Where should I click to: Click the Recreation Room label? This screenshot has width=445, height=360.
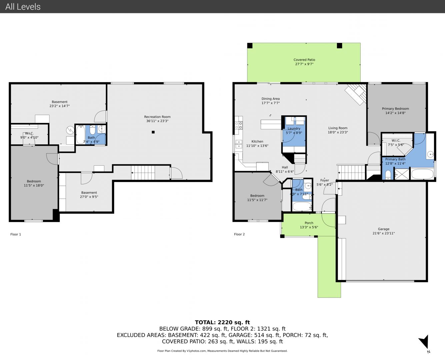click(157, 117)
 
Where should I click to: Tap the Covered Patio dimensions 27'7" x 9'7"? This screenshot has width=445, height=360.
click(304, 64)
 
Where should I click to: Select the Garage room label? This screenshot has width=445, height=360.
click(384, 229)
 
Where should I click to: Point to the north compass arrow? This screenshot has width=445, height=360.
click(424, 341)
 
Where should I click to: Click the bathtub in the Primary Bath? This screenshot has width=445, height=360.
click(422, 174)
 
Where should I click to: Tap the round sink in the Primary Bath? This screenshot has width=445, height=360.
click(431, 154)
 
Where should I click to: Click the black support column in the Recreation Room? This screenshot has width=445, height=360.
click(153, 132)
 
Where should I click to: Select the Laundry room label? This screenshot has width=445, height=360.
click(294, 128)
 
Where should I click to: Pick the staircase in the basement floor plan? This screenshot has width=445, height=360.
click(143, 172)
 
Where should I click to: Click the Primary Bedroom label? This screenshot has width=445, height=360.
click(395, 109)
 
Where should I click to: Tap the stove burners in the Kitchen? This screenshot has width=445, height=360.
click(239, 125)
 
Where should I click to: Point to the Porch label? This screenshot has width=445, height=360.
click(309, 223)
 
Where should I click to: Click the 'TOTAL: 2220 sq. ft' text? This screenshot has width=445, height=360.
click(222, 322)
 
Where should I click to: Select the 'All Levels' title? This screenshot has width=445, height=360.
click(23, 7)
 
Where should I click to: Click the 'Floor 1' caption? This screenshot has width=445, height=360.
click(16, 234)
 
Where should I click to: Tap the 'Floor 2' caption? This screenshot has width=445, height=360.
click(239, 234)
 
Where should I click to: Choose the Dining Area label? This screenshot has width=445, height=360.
click(271, 99)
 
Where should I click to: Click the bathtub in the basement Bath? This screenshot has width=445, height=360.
click(80, 135)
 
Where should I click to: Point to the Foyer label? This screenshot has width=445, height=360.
click(324, 180)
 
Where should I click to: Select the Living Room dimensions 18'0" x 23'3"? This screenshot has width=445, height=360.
click(338, 132)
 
